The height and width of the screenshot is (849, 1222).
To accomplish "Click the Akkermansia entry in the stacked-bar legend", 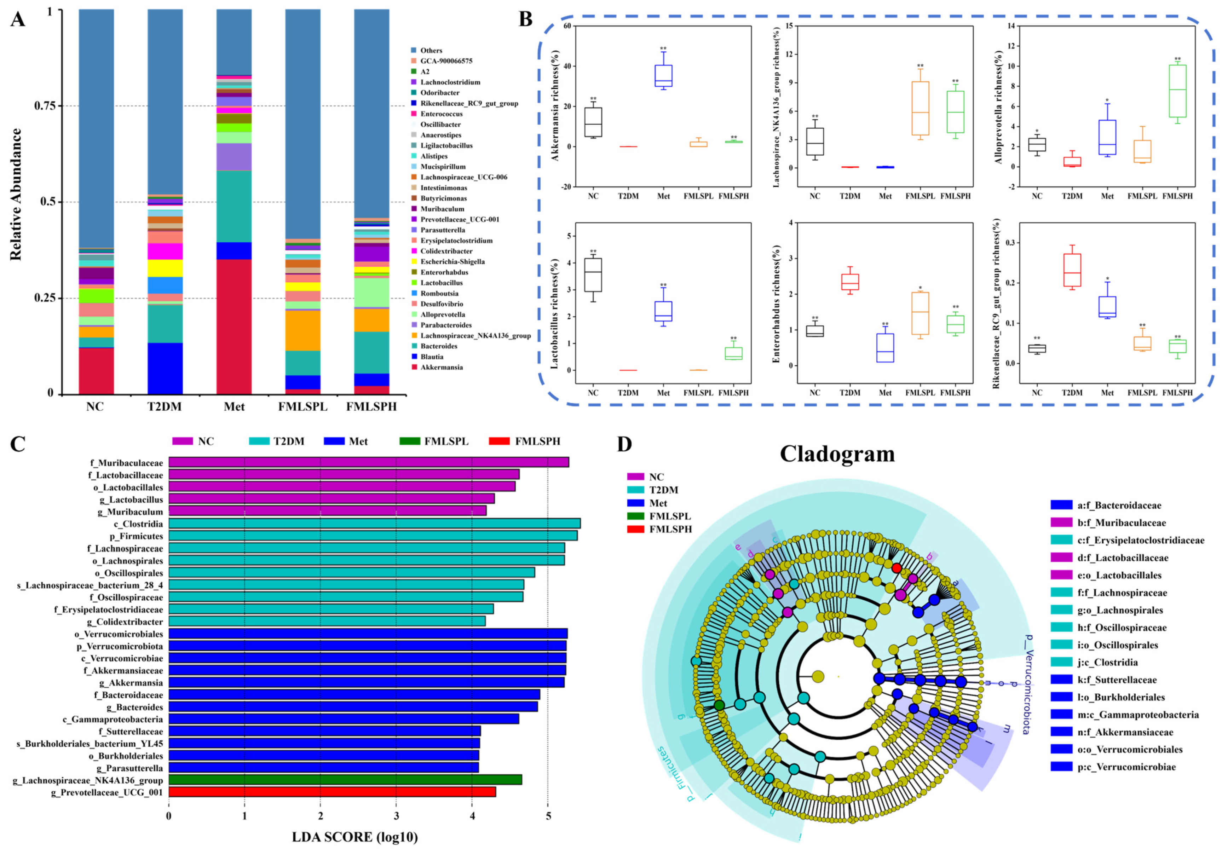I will click(441, 367).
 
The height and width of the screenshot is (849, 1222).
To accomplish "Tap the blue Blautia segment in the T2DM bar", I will click(165, 368).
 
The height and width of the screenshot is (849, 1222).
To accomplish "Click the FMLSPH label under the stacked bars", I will click(371, 407).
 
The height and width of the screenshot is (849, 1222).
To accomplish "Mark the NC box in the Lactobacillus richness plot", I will click(593, 275).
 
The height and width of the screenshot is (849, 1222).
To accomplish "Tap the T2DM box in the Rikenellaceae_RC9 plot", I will click(1072, 270).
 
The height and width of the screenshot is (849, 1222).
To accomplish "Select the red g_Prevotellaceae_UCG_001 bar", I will click(332, 792).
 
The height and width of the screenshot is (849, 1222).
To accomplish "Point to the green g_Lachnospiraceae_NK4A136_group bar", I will click(345, 780).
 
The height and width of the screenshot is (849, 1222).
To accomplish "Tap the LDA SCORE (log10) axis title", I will click(355, 837).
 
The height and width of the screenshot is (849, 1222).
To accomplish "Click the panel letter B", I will click(526, 20).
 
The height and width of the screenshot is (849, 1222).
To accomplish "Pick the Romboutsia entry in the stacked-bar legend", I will click(439, 293).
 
